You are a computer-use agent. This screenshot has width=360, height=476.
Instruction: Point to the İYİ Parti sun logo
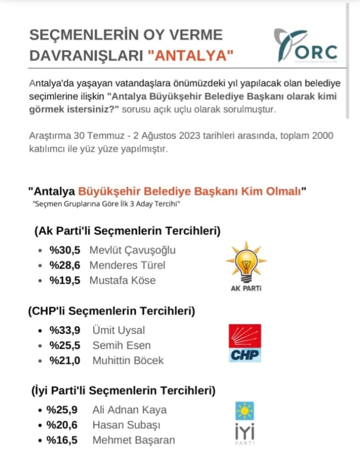(x=245, y=411)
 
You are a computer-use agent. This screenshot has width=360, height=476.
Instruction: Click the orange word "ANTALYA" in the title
(x=191, y=56)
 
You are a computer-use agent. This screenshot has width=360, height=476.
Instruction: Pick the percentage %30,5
(x=65, y=251)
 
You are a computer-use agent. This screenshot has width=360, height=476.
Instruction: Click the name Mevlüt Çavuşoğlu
(x=132, y=251)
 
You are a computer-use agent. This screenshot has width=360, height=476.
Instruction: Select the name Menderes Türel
(x=127, y=266)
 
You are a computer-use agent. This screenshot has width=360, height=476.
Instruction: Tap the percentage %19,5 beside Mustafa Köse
(x=65, y=281)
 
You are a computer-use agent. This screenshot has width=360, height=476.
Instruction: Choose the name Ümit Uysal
(x=119, y=330)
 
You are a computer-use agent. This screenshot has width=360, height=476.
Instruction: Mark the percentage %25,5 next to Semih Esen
(x=65, y=345)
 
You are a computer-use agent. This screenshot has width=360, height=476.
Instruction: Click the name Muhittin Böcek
(x=128, y=360)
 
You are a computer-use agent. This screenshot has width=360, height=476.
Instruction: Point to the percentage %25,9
(x=62, y=410)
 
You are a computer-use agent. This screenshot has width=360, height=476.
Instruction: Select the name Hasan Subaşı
(x=123, y=425)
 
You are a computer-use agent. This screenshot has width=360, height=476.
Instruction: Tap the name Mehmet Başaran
(x=134, y=440)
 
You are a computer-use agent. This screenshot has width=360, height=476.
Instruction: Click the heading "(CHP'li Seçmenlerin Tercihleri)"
(x=111, y=311)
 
